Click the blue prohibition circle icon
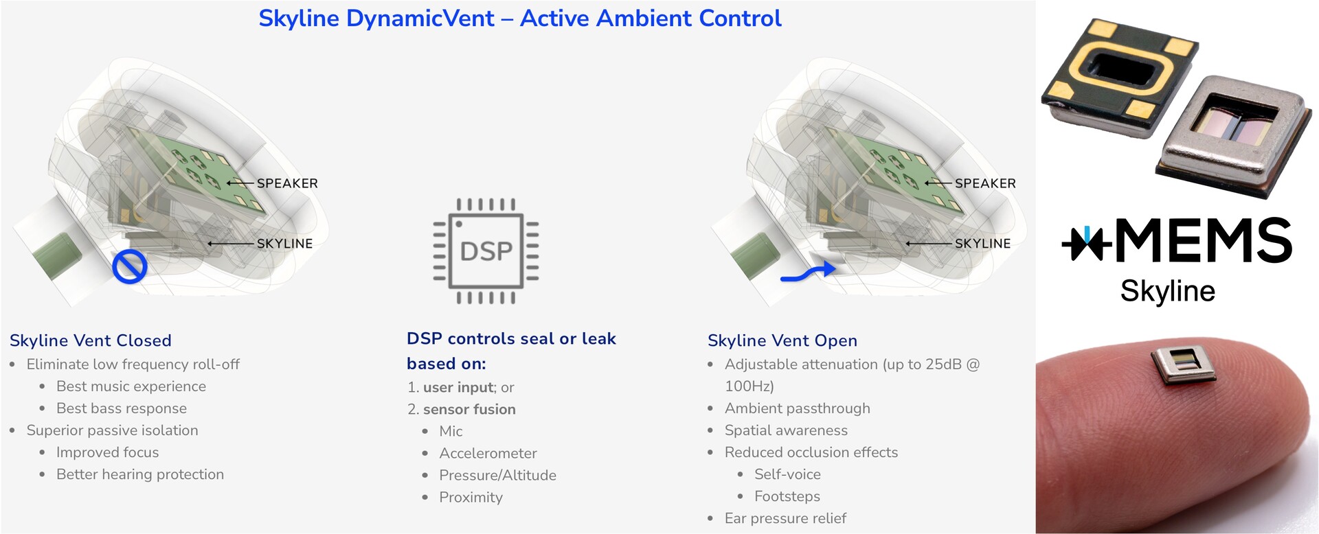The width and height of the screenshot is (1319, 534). coord(130,266)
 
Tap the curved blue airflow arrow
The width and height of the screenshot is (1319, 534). coord(809,273)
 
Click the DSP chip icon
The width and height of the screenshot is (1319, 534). coord(486,251)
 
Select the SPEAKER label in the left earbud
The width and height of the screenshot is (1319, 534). coord(287,183)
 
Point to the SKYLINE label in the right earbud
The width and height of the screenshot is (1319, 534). coord(982,244)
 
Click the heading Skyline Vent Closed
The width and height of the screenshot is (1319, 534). coord(91,340)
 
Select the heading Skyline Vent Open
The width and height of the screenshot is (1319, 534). coord(782,340)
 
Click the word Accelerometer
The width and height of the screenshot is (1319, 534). coord(488,453)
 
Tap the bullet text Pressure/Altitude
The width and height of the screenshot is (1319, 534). coord(497,475)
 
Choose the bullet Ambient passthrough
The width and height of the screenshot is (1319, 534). coord(797,408)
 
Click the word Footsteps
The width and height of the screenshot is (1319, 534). coord(787,496)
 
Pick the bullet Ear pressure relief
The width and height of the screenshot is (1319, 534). coord(785,518)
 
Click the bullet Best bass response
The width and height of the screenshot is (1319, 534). coord(122,408)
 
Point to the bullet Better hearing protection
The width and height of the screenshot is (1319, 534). coord(140,474)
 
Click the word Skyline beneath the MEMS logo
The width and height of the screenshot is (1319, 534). coord(1168,291)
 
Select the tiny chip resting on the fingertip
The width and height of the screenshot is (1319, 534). coord(1182,363)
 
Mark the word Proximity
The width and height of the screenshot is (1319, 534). coord(471,497)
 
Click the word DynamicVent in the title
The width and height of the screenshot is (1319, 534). coord(420,19)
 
